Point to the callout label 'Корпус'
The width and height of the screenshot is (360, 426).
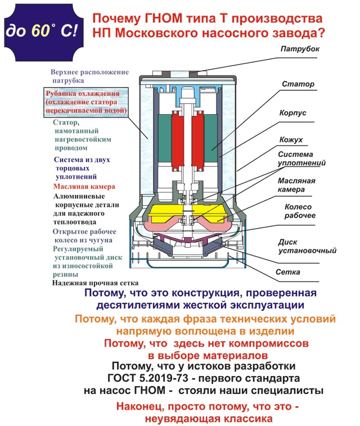pos(293,112)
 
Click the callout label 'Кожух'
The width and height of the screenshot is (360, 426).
pos(291,138)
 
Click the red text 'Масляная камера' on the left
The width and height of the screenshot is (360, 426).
pos(84,186)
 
